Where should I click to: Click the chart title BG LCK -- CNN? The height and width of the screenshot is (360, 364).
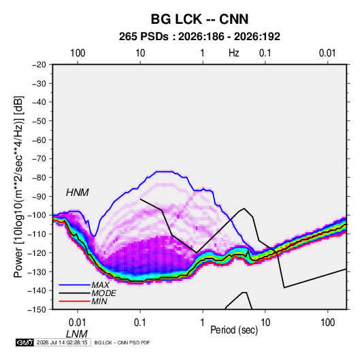[199, 19]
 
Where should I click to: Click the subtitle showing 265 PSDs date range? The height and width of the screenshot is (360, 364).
[199, 37]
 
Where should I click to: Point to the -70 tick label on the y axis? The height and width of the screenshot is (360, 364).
[39, 159]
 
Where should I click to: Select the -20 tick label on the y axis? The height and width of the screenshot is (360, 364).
[39, 65]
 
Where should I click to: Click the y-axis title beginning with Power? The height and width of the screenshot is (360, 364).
[18, 186]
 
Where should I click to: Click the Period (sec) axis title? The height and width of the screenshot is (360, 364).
[234, 329]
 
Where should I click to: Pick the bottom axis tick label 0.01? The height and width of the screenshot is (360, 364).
[78, 323]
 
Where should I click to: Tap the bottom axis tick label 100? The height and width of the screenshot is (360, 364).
[327, 323]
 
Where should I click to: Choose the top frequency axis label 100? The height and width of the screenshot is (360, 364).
[78, 53]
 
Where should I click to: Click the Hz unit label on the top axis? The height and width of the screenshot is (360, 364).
[234, 53]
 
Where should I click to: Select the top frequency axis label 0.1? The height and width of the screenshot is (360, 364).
[265, 53]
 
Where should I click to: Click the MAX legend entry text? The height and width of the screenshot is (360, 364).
[100, 285]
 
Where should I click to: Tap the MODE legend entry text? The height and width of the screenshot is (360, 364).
[103, 293]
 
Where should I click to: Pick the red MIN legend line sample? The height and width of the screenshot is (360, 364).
[74, 301]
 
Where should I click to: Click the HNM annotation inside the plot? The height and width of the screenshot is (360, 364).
[78, 193]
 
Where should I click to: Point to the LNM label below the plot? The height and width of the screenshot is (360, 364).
[77, 334]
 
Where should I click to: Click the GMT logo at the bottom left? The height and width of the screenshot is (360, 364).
[25, 342]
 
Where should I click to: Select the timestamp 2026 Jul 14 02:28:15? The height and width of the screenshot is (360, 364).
[62, 342]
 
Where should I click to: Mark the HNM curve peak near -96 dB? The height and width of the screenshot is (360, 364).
[244, 208]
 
